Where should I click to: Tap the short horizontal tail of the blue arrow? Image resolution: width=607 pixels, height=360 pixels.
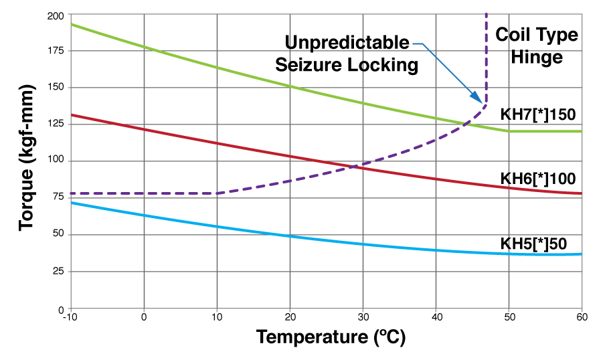pos(417,44)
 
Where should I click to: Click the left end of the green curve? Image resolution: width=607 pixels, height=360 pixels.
pos(72,24)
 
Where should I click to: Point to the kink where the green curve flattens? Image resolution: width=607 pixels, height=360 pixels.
pos(509,131)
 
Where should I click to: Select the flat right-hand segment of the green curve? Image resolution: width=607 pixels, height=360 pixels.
pos(545,131)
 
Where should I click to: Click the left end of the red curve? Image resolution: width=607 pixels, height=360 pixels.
pos(72,114)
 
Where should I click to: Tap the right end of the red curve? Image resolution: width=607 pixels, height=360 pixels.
pos(581,193)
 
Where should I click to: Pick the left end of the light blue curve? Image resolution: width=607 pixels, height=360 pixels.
pos(72,202)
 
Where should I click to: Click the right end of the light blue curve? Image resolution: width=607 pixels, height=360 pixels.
pos(581,254)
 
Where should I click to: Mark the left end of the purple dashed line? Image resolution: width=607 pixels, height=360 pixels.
pos(72,193)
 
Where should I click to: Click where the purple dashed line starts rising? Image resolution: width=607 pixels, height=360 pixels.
pos(218,193)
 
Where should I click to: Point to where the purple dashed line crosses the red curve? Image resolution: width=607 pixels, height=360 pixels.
pos(353,166)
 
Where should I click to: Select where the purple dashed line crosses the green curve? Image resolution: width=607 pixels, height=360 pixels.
pos(466,123)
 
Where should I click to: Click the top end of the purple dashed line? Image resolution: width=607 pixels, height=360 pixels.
pos(486,14)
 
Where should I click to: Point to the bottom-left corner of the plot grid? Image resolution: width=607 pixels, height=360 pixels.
pos(71,308)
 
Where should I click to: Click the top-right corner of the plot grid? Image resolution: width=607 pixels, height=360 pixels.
pos(582,13)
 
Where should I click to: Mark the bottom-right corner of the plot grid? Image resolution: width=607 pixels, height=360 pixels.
pos(582,308)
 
